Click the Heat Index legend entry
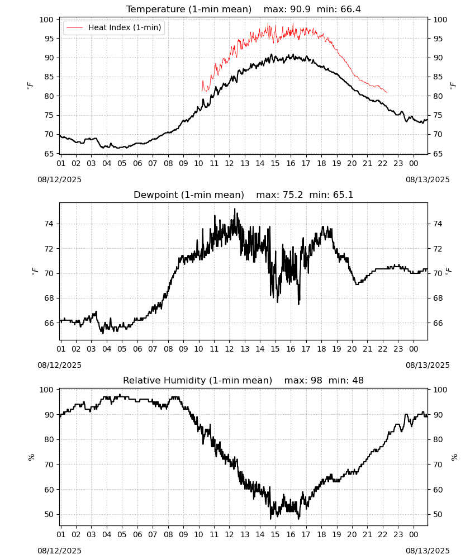click(114, 27)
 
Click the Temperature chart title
click(189, 9)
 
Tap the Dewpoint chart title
click(189, 195)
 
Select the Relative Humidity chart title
click(197, 380)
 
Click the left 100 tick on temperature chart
click(46, 20)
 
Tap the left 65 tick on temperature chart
click(49, 154)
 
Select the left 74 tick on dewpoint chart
click(49, 224)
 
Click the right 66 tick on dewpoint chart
click(438, 323)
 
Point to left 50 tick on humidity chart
click(49, 514)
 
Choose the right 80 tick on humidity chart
click(438, 439)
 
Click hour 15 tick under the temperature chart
click(275, 163)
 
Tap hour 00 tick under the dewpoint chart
click(414, 349)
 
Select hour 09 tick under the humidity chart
click(183, 534)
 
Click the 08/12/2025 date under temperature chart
click(59, 179)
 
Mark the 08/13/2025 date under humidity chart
click(427, 551)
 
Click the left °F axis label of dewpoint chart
click(35, 272)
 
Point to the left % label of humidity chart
click(31, 457)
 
